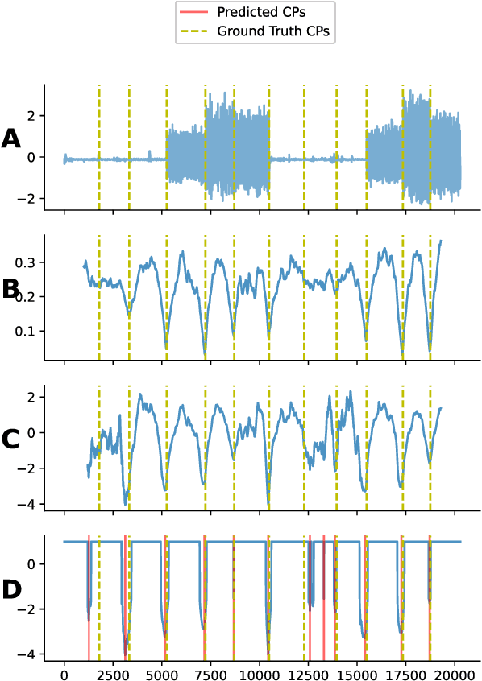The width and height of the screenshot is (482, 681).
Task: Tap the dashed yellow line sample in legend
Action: (x=197, y=31)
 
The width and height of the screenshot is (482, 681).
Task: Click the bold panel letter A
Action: (x=11, y=139)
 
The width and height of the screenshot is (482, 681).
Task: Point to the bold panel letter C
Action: (x=11, y=440)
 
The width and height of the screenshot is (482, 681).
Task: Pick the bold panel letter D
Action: (x=11, y=590)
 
